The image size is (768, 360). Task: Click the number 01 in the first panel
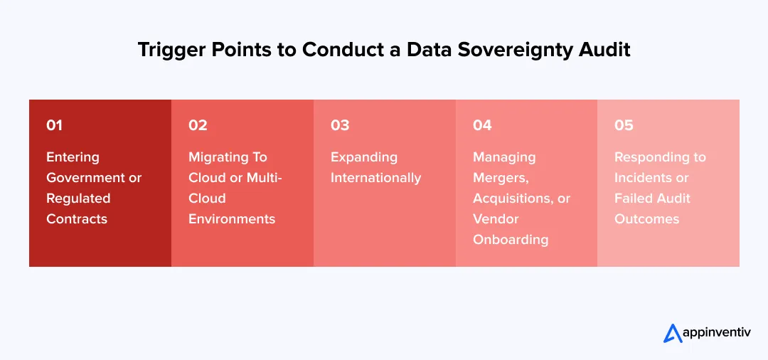tap(54, 125)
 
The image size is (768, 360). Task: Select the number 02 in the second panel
tap(198, 125)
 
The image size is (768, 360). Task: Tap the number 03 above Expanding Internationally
tap(340, 125)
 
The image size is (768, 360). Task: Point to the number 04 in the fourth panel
tap(482, 125)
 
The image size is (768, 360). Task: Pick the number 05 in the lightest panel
tap(624, 125)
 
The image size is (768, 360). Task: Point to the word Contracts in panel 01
tap(77, 219)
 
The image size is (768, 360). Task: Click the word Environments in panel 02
tap(232, 219)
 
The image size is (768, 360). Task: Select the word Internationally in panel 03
tap(375, 178)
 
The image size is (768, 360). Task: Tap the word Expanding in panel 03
tap(364, 157)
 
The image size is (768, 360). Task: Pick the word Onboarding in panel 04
tap(511, 240)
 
